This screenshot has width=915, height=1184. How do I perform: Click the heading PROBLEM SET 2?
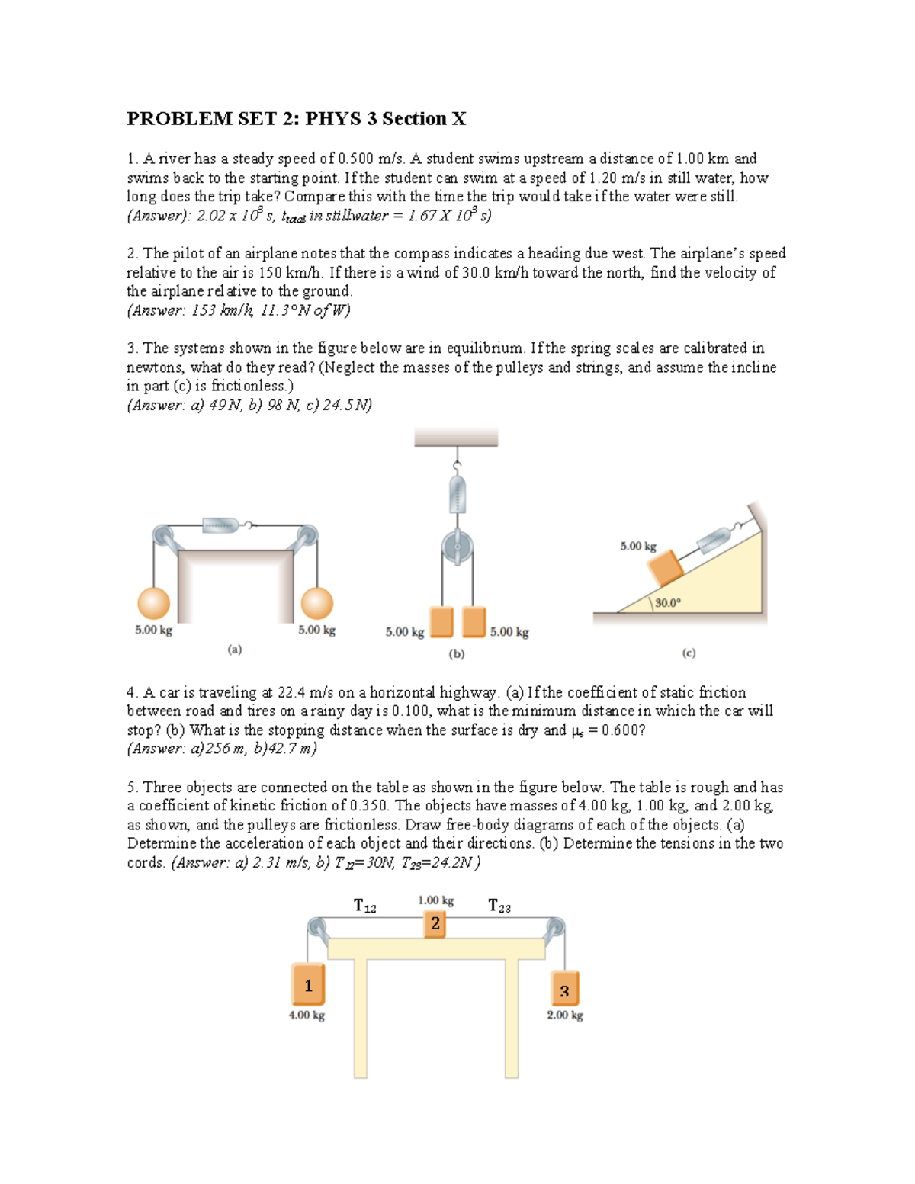(296, 119)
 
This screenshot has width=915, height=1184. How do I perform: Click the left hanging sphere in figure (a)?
(153, 603)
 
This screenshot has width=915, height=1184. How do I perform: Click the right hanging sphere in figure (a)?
(316, 603)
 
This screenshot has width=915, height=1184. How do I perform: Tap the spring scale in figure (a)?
(222, 525)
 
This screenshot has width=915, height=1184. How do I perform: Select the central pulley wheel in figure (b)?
(457, 547)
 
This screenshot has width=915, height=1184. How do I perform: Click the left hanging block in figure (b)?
(441, 621)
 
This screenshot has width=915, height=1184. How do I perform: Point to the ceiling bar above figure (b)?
(456, 438)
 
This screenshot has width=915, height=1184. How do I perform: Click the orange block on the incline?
(665, 569)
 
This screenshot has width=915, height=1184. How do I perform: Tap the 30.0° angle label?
(667, 603)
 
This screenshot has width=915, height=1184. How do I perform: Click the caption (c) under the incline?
(689, 653)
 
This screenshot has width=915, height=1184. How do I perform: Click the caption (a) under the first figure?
(234, 650)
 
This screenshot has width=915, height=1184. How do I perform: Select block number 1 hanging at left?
(308, 985)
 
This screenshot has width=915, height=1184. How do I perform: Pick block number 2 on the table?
(435, 923)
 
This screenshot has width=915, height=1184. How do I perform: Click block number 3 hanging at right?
(564, 990)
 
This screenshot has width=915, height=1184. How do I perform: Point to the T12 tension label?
(364, 906)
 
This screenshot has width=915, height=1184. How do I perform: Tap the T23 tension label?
(499, 906)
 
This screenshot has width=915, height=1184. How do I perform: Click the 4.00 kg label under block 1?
(307, 1016)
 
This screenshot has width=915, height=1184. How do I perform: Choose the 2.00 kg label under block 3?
(564, 1016)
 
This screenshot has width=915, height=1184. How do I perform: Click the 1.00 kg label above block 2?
(435, 900)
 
